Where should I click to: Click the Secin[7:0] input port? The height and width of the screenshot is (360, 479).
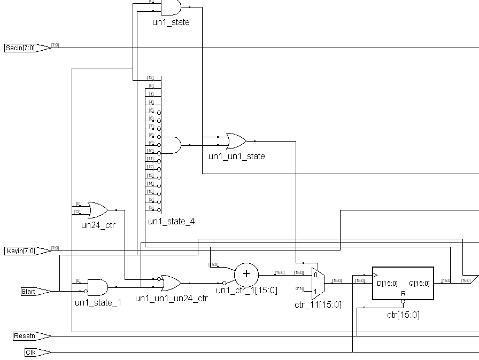[x=27, y=48]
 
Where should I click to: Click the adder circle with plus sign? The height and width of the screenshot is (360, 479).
[x=246, y=274]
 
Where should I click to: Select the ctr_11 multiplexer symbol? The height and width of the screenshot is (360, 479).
[x=315, y=283]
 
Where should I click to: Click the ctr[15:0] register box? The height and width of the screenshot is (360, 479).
[x=403, y=284]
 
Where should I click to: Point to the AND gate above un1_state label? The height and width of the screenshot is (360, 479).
[x=171, y=7]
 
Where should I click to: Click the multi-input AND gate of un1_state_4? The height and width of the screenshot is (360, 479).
[x=171, y=145]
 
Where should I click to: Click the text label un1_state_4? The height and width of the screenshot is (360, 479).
[x=171, y=221]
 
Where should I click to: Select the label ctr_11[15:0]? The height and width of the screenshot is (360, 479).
[x=318, y=304]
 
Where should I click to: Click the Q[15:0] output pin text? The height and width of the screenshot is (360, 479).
[x=419, y=284]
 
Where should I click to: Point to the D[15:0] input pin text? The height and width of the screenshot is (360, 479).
[x=387, y=284]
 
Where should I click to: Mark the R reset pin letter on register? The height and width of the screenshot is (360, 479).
[x=403, y=294]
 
